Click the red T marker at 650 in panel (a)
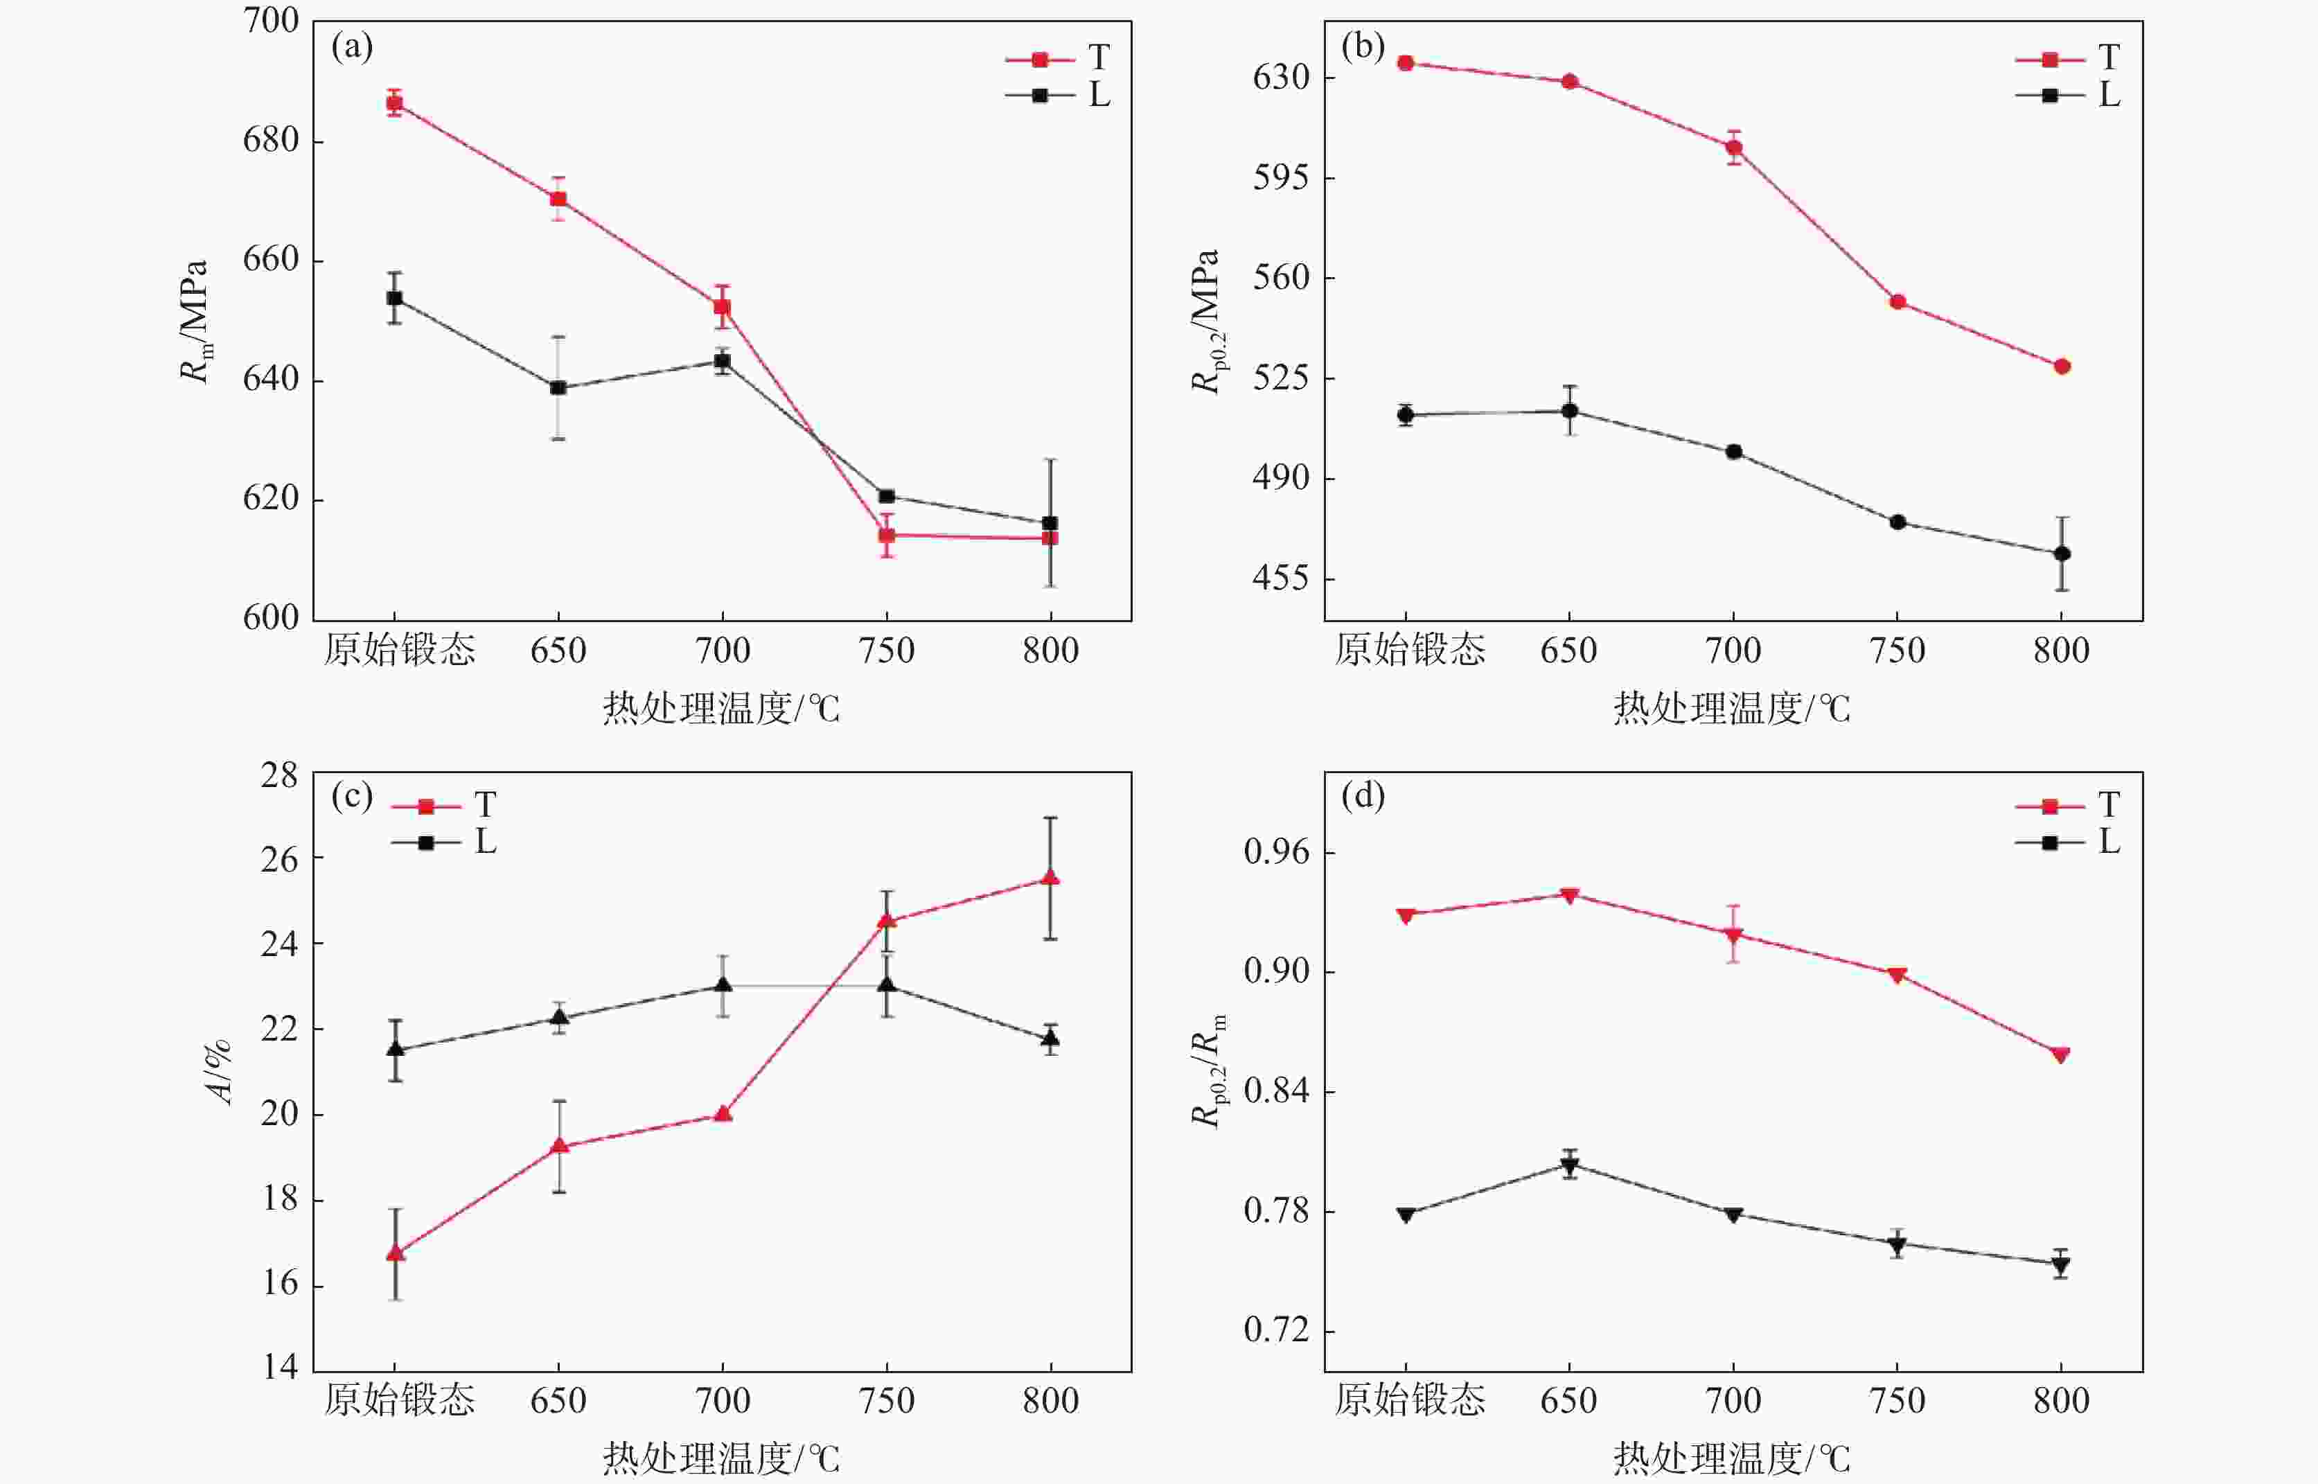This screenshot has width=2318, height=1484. coord(558,200)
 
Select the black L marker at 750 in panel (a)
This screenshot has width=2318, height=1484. coord(886,496)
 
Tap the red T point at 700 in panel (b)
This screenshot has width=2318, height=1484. coord(1733,148)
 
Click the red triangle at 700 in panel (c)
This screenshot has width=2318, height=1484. coord(723,1115)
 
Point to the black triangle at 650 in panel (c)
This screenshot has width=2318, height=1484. coord(558,1018)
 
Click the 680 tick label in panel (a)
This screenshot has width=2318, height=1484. coord(271,141)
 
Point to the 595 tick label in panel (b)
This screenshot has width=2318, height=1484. coord(1282,177)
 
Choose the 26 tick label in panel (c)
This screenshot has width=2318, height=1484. coord(279,858)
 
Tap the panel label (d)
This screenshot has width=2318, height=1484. coord(1362,796)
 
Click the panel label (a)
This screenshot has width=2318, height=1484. coord(352,46)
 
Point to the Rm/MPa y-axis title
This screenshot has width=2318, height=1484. coord(195,321)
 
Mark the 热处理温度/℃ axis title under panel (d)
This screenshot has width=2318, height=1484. coord(1731,1458)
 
